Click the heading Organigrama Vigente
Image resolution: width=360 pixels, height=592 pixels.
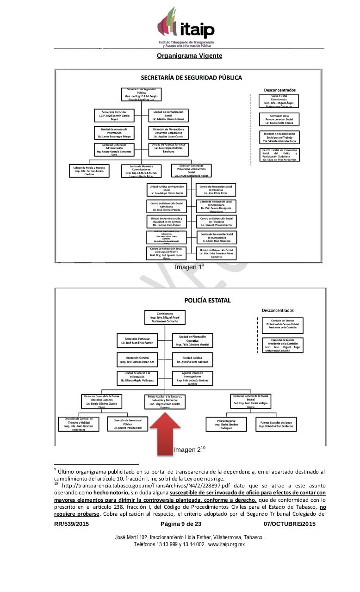pos(189,55)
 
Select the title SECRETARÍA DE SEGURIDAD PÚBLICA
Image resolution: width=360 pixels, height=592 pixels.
pos(191,78)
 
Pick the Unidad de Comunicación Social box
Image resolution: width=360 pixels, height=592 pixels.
pos(168,115)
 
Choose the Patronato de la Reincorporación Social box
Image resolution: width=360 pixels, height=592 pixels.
pos(279,119)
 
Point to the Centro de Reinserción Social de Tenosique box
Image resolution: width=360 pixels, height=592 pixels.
pos(216,222)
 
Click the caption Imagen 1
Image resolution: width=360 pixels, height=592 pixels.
pos(188,267)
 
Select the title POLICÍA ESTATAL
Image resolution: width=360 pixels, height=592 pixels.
pos(207,300)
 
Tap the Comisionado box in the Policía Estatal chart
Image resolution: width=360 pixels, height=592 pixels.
pos(165,318)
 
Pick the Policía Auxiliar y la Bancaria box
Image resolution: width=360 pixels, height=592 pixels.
pos(165,402)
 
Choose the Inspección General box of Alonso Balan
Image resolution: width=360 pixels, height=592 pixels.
pos(134,359)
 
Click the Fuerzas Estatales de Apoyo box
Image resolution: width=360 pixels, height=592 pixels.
pos(276,424)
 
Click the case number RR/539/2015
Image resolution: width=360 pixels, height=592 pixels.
pos(71,524)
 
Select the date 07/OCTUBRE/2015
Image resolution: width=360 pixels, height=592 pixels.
pos(290,524)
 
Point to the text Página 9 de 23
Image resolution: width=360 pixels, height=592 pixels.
pos(181,524)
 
